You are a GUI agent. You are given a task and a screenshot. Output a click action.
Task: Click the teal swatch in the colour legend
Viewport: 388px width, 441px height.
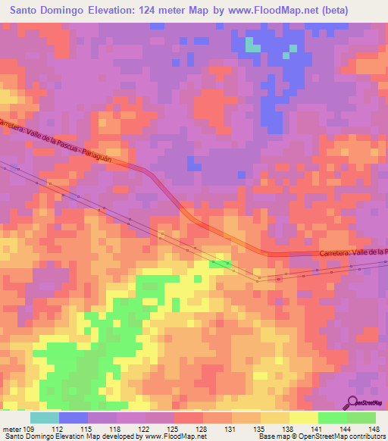click(x=45, y=418)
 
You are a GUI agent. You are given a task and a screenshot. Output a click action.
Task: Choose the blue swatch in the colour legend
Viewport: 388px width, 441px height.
click(x=74, y=418)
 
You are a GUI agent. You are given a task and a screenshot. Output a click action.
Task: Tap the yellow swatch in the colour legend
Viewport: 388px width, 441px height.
click(x=304, y=418)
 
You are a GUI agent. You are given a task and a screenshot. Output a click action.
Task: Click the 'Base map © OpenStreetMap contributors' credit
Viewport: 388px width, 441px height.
click(x=320, y=436)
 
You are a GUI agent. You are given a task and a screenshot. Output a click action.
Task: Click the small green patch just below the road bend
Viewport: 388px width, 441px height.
click(x=221, y=263)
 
